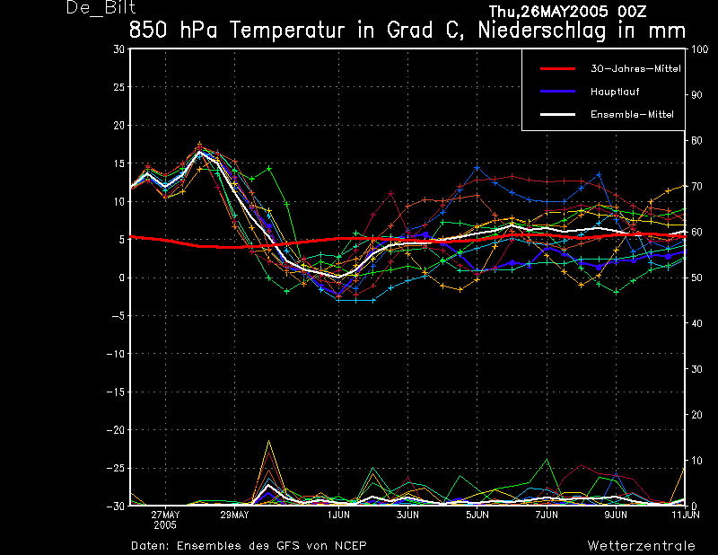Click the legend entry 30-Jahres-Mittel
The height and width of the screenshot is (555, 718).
635,69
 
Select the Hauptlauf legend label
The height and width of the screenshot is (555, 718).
615,92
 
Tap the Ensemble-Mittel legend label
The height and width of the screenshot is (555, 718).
632,115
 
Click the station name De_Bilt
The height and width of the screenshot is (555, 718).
101,8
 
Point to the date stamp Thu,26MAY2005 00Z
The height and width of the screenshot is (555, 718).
567,11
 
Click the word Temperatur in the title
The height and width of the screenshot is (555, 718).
287,31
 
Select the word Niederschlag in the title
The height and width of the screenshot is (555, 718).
542,31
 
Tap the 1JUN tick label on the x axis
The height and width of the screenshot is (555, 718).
339,515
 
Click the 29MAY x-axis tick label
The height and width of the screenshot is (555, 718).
234,515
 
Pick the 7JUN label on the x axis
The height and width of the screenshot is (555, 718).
547,515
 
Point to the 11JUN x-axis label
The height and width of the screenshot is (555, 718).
686,515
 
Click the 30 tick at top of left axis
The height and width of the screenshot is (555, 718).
119,49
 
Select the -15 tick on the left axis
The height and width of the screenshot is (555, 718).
116,392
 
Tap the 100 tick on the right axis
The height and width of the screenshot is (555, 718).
699,49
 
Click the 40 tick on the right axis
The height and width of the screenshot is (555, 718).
696,323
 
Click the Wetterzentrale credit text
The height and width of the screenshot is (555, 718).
641,546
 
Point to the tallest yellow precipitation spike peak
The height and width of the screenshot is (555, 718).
268,441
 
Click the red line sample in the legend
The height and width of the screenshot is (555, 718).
557,69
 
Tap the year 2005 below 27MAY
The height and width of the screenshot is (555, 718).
165,525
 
